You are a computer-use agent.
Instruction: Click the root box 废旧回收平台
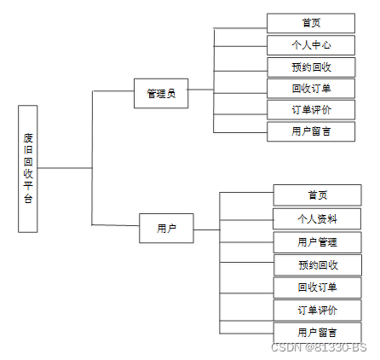coord(27,168)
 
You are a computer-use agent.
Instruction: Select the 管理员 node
coord(161,93)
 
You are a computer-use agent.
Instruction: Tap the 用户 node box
coord(166,228)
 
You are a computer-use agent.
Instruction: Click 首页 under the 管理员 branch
coord(311,23)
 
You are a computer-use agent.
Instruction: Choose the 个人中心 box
coord(311,45)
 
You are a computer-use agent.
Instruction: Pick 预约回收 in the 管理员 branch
coord(311,67)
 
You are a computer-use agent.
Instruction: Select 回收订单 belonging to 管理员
coord(311,88)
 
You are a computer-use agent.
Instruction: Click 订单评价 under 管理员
coord(311,109)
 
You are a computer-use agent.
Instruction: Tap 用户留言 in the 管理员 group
coord(311,131)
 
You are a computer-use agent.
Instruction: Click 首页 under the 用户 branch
coord(317,195)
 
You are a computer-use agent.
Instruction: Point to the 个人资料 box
coord(317,218)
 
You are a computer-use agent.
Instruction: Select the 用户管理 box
coord(317,241)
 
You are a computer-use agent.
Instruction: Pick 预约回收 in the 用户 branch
coord(317,264)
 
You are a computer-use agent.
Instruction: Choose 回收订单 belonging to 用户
coord(317,287)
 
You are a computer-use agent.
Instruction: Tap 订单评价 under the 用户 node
coord(317,310)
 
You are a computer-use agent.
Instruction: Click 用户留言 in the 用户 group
coord(317,332)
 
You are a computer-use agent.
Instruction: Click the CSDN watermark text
coord(319,347)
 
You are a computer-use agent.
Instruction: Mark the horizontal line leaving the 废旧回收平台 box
coord(64,168)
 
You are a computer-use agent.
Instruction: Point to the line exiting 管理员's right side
coord(200,93)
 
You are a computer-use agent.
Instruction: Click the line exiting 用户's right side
coord(206,228)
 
